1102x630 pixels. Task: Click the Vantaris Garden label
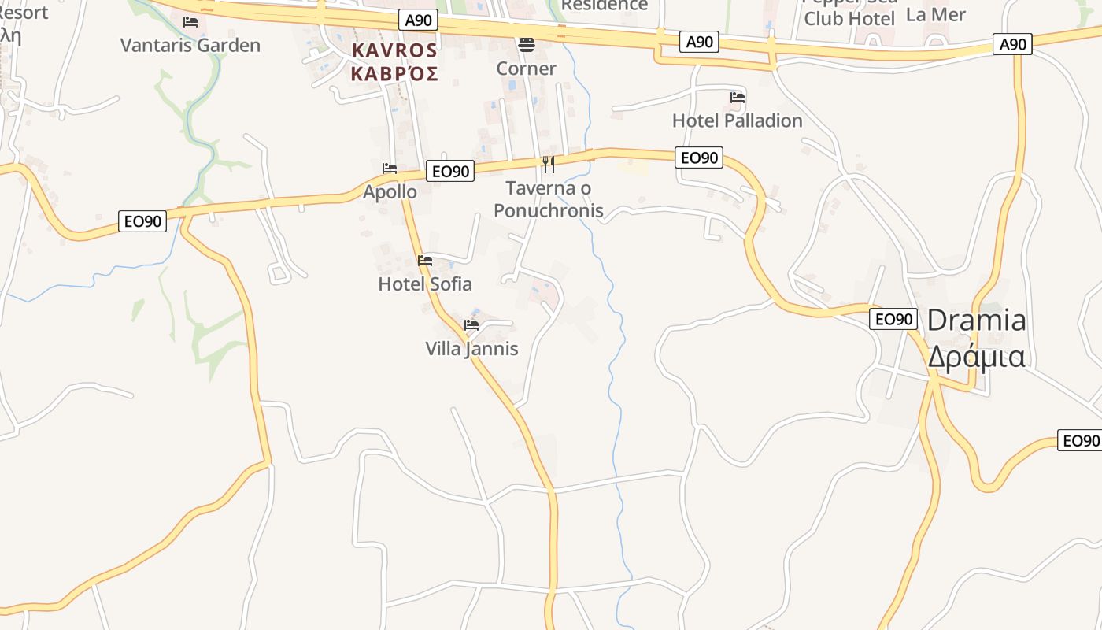tap(190, 45)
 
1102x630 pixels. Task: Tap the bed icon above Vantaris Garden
tap(190, 22)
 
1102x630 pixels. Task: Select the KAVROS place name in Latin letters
tap(394, 50)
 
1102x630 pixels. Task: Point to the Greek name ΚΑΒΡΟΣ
tap(394, 74)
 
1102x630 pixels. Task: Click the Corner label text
tap(526, 69)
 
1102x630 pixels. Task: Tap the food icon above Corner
tap(526, 44)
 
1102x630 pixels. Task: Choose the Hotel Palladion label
tap(737, 120)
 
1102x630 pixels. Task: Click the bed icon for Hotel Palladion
tap(738, 98)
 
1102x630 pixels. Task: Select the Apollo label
tap(390, 191)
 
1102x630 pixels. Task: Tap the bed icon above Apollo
tap(390, 169)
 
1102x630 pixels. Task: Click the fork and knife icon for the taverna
tap(549, 165)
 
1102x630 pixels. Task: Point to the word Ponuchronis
tap(549, 210)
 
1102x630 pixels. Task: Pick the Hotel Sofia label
tap(425, 283)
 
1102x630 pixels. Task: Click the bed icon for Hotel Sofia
tap(425, 261)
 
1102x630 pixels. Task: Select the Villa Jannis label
tap(471, 348)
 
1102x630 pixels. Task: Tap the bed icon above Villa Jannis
tap(471, 324)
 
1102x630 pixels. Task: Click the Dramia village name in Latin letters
tap(976, 321)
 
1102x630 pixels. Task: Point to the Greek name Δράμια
tap(976, 357)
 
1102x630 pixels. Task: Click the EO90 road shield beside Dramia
tap(893, 319)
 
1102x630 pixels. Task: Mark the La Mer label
tap(935, 14)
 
